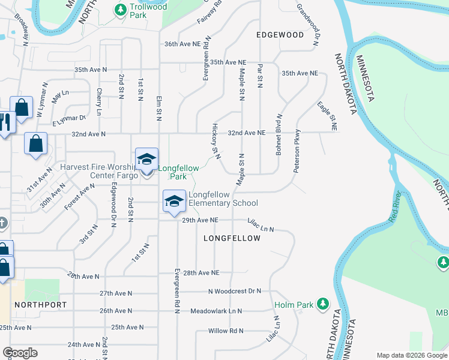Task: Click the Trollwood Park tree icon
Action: (121, 9)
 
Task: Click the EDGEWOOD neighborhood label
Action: (280, 35)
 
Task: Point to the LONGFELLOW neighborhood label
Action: (232, 238)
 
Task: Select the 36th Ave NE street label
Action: (182, 44)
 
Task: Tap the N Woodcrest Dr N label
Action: (235, 292)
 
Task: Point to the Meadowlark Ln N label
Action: (215, 311)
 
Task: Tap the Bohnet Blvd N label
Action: (279, 134)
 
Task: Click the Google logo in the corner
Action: (20, 353)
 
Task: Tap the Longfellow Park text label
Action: (178, 172)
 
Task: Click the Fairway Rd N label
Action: (209, 13)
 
